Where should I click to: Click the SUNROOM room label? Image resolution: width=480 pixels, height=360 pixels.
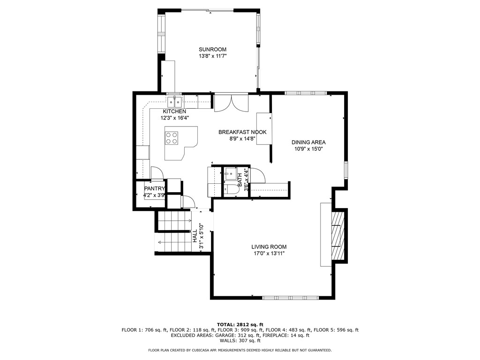(x=212, y=49)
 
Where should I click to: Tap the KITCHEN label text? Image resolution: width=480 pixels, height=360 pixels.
(x=174, y=112)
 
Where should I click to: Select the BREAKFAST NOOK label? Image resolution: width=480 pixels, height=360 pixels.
(x=242, y=132)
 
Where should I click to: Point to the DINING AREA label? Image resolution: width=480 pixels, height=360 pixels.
(x=308, y=142)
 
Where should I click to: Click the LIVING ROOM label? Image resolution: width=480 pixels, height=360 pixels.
(x=269, y=247)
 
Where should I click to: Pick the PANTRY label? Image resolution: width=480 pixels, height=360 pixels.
(x=154, y=189)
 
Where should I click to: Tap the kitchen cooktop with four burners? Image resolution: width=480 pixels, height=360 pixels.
(x=172, y=137)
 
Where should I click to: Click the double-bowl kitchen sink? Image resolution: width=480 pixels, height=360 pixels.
(x=175, y=101)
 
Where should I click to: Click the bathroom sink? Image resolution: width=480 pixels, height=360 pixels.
(x=230, y=174)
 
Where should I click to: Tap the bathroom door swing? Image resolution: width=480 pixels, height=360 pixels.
(x=258, y=175)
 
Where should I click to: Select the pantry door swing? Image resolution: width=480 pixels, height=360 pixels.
(x=157, y=173)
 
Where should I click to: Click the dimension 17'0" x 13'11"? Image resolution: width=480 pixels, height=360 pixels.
(x=269, y=254)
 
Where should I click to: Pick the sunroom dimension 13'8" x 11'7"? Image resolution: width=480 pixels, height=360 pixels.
(x=212, y=56)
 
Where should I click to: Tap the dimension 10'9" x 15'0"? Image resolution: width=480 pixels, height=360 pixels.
(x=308, y=149)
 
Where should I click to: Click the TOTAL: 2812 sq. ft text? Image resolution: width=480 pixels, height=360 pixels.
(x=240, y=324)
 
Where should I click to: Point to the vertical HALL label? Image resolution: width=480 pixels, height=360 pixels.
(x=195, y=236)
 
